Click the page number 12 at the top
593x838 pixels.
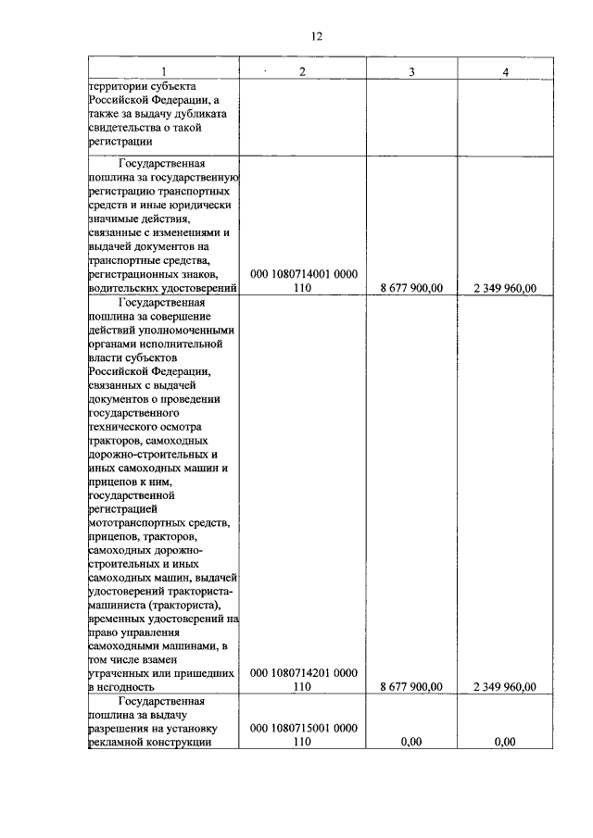pos(316,36)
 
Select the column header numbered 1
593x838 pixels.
pos(164,71)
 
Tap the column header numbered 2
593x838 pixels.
pos(301,71)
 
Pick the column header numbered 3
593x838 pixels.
pos(410,71)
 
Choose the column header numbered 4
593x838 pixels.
pos(505,71)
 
